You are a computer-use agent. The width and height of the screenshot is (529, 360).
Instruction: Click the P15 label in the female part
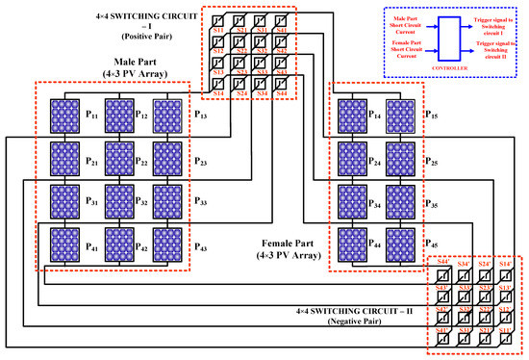coord(433,115)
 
